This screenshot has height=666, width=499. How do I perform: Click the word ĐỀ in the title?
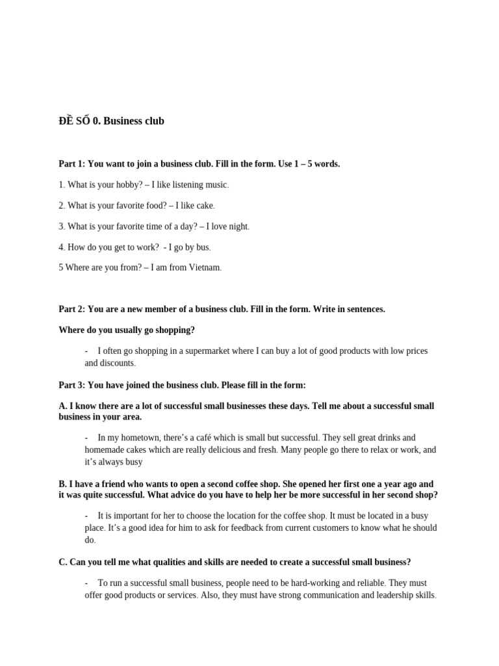[x=66, y=120]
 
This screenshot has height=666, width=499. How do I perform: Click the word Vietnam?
[x=204, y=267]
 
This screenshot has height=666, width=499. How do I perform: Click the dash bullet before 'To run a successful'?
[x=87, y=583]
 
